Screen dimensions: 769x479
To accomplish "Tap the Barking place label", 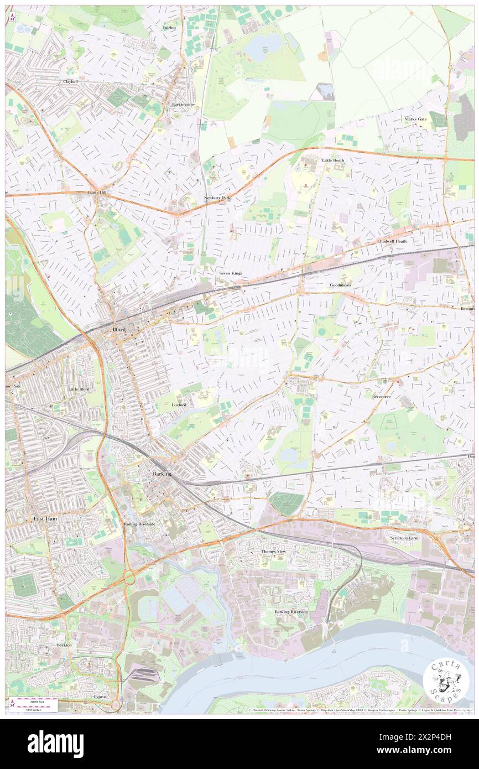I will coord(162,474).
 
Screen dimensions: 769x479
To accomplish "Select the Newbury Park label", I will coord(217,198).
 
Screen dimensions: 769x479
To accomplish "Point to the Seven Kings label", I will coord(231,273).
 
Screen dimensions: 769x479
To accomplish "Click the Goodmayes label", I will coord(340,285).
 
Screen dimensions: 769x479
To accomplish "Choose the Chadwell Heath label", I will coord(392,241).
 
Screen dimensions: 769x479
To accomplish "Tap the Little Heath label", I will coord(333,160).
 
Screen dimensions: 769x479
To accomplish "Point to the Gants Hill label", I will coord(98,193).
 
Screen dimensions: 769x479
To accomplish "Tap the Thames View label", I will coord(274,552).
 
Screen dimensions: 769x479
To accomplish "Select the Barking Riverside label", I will coord(291,612).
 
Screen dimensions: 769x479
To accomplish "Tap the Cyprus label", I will coord(100,697).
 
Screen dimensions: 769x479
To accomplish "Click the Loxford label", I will coord(179,405).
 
